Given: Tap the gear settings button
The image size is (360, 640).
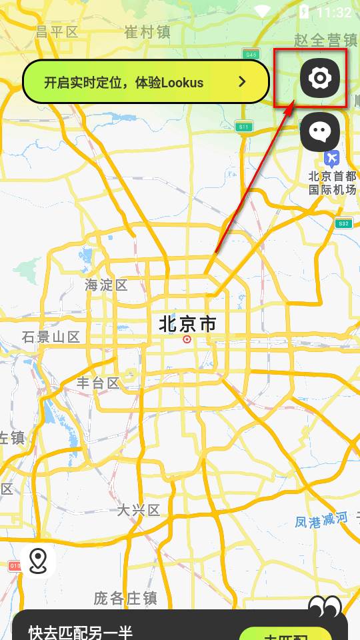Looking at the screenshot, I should click(320, 79).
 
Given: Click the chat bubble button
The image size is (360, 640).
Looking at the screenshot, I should click(320, 131).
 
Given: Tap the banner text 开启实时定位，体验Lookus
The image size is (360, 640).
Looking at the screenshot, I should click(124, 83).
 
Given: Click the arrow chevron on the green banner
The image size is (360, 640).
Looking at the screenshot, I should click(243, 82).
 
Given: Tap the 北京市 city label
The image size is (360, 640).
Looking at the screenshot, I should click(187, 325).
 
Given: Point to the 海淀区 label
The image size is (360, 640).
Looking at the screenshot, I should click(106, 285).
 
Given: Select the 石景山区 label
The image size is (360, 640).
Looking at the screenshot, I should click(51, 337).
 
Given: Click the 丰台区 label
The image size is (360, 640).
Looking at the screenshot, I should click(98, 383).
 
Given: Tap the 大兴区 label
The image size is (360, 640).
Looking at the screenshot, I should click(139, 511).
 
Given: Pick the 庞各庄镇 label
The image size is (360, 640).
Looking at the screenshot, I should click(125, 598).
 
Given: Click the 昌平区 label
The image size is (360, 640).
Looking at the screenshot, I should click(57, 31).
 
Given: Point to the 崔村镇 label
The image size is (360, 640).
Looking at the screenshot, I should click(148, 31).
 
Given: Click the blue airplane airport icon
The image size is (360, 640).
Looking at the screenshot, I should click(332, 158).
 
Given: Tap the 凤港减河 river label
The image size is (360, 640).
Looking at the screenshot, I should click(321, 519).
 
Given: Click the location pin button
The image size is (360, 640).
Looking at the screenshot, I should click(38, 561).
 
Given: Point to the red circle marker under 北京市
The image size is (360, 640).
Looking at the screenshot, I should click(187, 339).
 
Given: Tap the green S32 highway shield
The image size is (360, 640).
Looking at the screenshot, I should click(343, 223).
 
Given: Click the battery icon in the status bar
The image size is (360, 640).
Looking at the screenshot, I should click(305, 12).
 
